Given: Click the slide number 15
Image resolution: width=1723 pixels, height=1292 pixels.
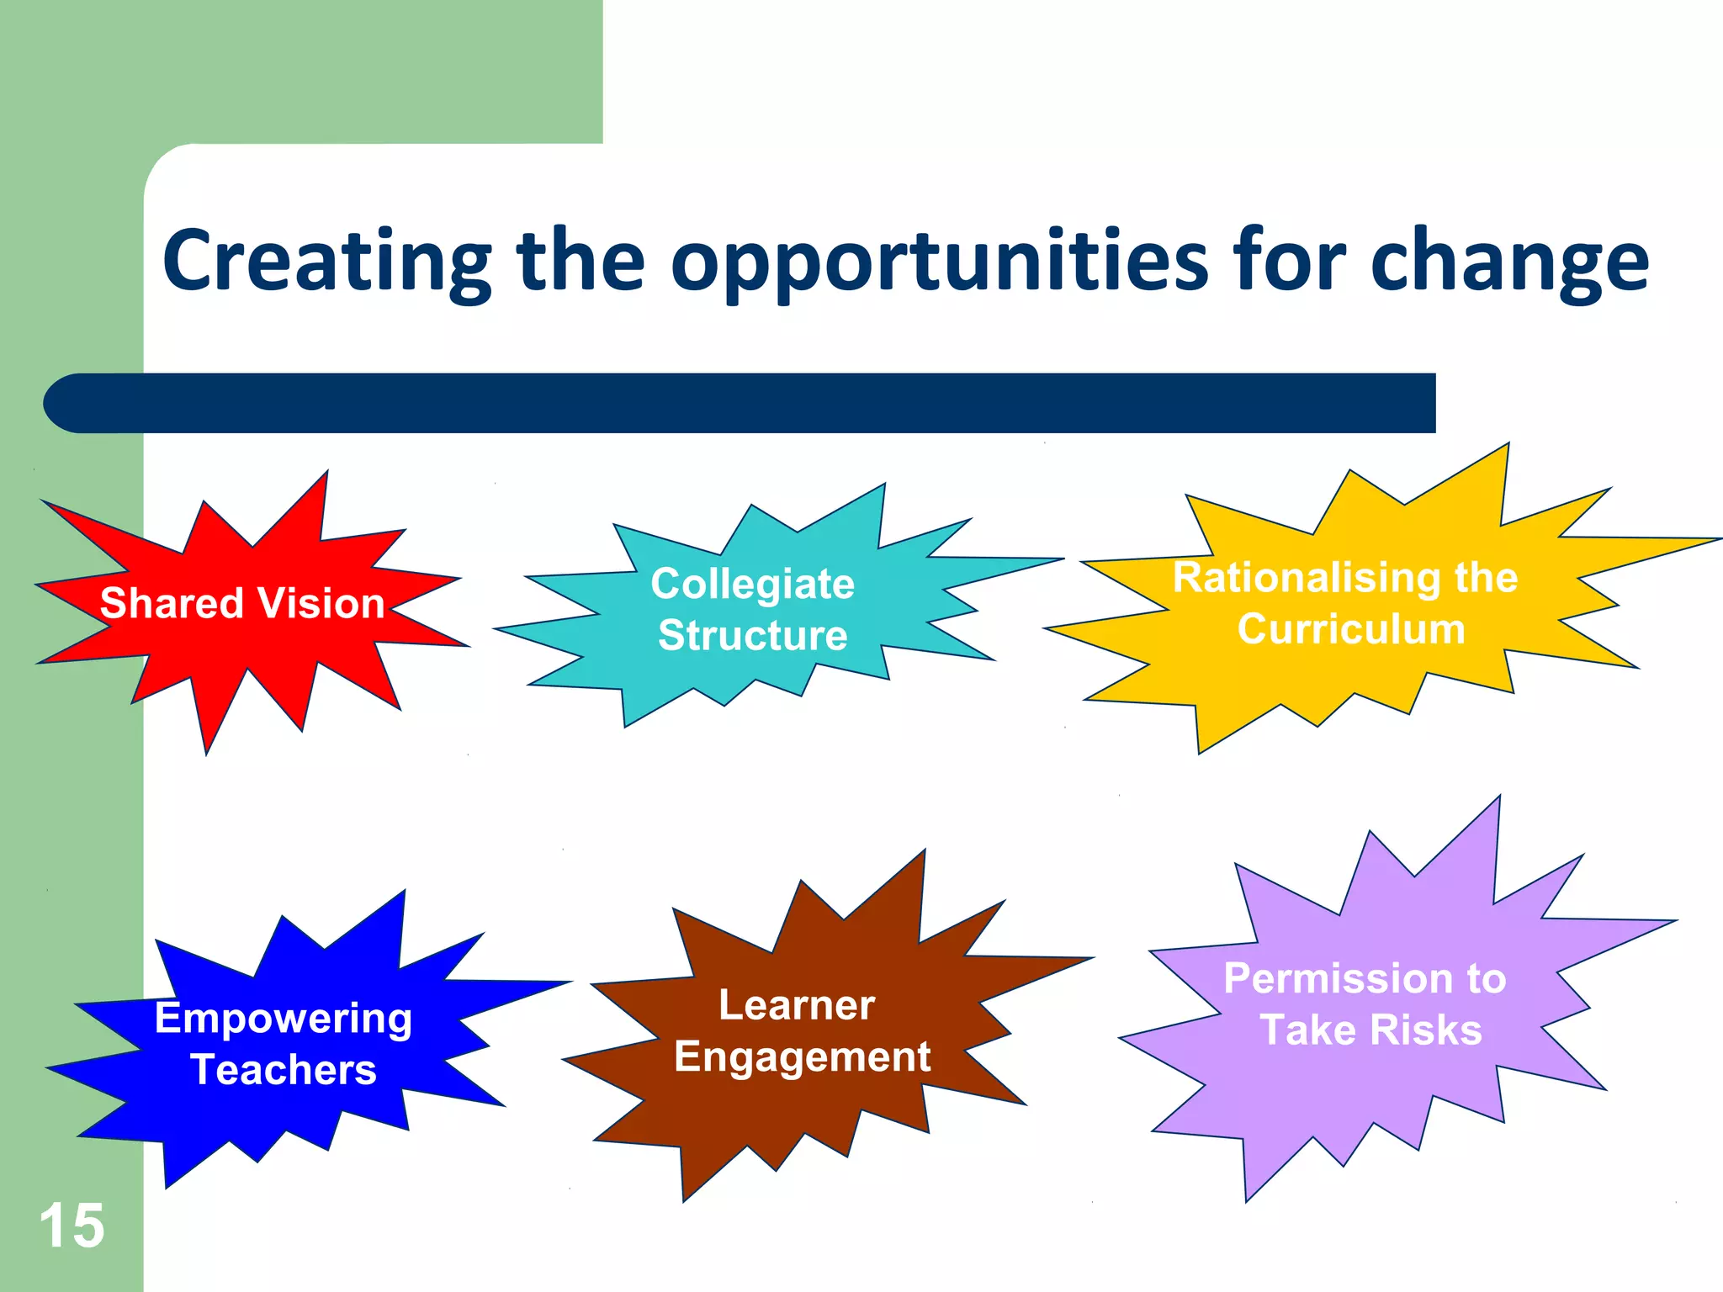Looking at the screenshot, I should [72, 1226].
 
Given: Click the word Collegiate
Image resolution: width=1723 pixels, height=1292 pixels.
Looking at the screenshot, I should [752, 584].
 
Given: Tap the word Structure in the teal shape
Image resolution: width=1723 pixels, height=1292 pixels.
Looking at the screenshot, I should [752, 635].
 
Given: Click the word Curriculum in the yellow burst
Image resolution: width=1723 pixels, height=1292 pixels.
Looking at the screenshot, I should [1351, 629].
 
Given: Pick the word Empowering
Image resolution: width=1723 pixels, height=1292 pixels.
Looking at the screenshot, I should [284, 1019].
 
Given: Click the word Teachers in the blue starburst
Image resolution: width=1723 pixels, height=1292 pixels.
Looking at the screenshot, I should [284, 1070].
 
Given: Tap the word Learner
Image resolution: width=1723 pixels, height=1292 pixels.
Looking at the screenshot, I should [797, 1005].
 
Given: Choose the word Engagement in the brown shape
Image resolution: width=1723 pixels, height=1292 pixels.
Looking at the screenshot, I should [802, 1057].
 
